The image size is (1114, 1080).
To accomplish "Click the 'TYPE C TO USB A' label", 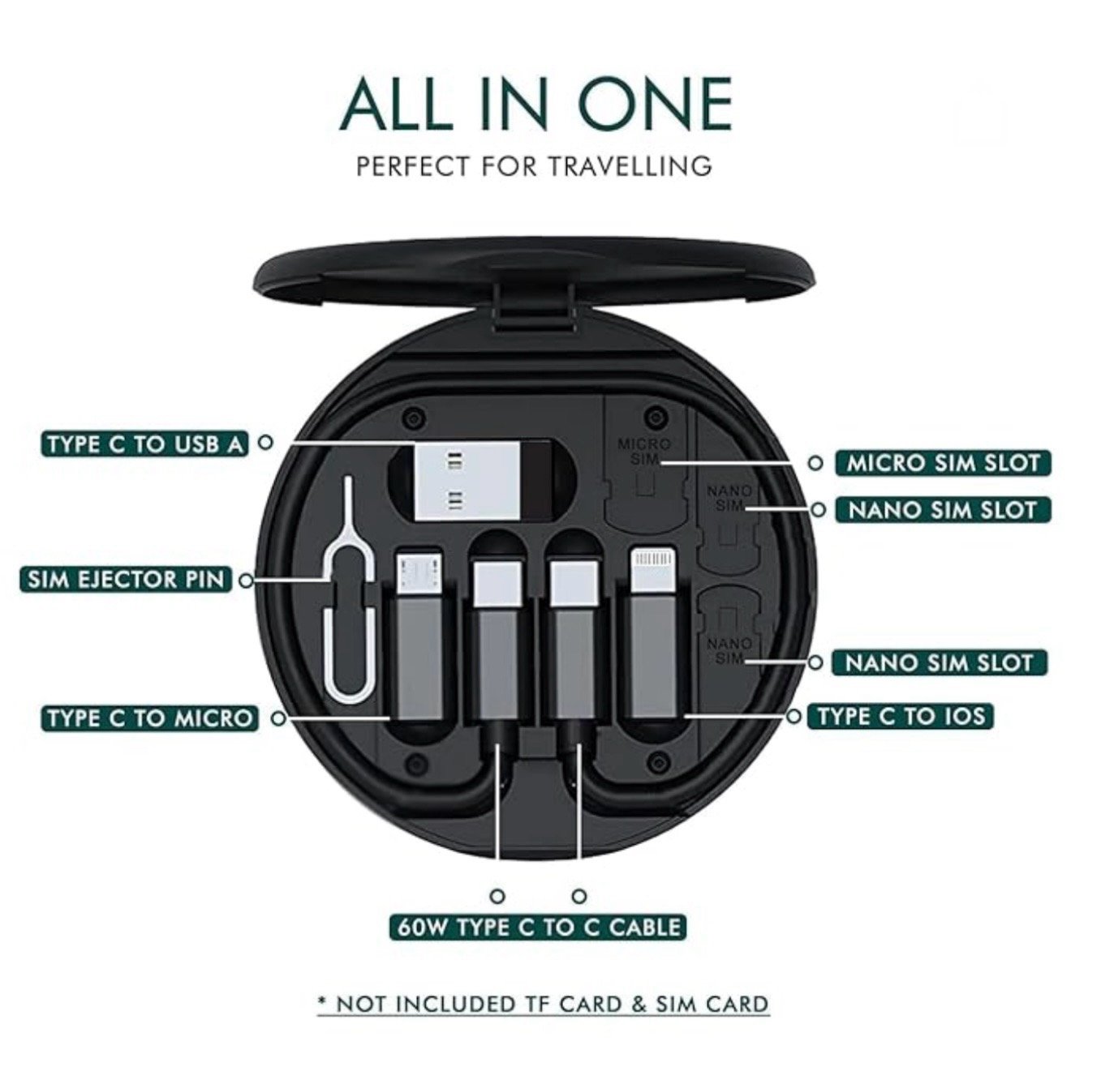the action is pyautogui.click(x=145, y=444).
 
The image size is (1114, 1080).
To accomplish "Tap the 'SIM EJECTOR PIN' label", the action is pyautogui.click(x=126, y=580).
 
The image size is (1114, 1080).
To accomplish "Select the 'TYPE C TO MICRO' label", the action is pyautogui.click(x=149, y=718).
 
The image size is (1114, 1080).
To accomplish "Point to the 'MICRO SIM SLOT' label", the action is pyautogui.click(x=943, y=463).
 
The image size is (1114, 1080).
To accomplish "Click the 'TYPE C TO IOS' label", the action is pyautogui.click(x=901, y=716).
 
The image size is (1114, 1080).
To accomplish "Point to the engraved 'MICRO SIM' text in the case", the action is pyautogui.click(x=644, y=452).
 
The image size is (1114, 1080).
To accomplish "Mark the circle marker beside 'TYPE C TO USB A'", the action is pyautogui.click(x=265, y=442).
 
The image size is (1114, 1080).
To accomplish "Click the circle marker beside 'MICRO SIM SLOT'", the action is pyautogui.click(x=815, y=463).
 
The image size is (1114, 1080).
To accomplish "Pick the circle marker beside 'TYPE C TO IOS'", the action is pyautogui.click(x=794, y=716).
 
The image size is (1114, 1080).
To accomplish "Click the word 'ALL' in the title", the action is pyautogui.click(x=395, y=103).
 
